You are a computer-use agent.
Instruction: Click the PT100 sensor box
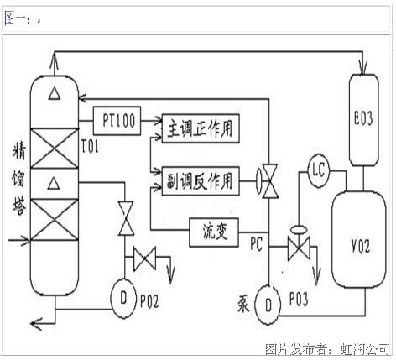[117, 121]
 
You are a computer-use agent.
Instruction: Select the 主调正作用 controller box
[201, 128]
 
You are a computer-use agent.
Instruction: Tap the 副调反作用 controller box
[201, 181]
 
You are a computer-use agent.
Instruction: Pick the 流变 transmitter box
[214, 232]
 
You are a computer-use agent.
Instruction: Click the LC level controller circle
[319, 170]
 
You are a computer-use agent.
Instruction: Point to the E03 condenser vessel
[364, 120]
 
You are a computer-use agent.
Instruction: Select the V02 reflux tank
[359, 240]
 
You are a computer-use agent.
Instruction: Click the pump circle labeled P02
[123, 299]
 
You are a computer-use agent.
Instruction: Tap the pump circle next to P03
[268, 305]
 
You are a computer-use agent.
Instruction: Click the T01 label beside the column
[90, 147]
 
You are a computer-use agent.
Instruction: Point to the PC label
[256, 243]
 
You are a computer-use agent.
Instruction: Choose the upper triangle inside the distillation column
[55, 93]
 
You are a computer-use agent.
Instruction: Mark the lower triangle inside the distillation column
[54, 183]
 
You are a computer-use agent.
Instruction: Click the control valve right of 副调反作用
[267, 181]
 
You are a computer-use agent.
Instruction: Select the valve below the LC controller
[299, 244]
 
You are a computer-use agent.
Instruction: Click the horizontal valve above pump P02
[144, 258]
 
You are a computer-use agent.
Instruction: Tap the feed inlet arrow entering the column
[19, 240]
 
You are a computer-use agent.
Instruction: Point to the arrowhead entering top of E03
[363, 70]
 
